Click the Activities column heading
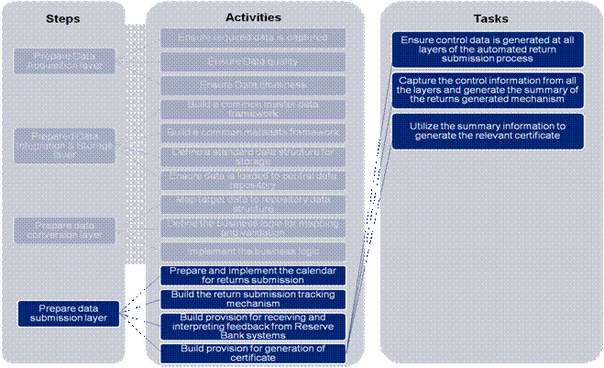252,17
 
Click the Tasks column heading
491,17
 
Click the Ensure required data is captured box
252,38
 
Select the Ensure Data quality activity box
252,61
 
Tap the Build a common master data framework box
252,109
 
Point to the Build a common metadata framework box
252,133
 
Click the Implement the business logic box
252,250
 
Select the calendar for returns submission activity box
252,275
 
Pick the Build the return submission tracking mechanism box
252,299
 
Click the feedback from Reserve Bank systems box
252,325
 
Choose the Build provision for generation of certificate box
252,352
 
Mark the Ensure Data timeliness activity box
252,85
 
